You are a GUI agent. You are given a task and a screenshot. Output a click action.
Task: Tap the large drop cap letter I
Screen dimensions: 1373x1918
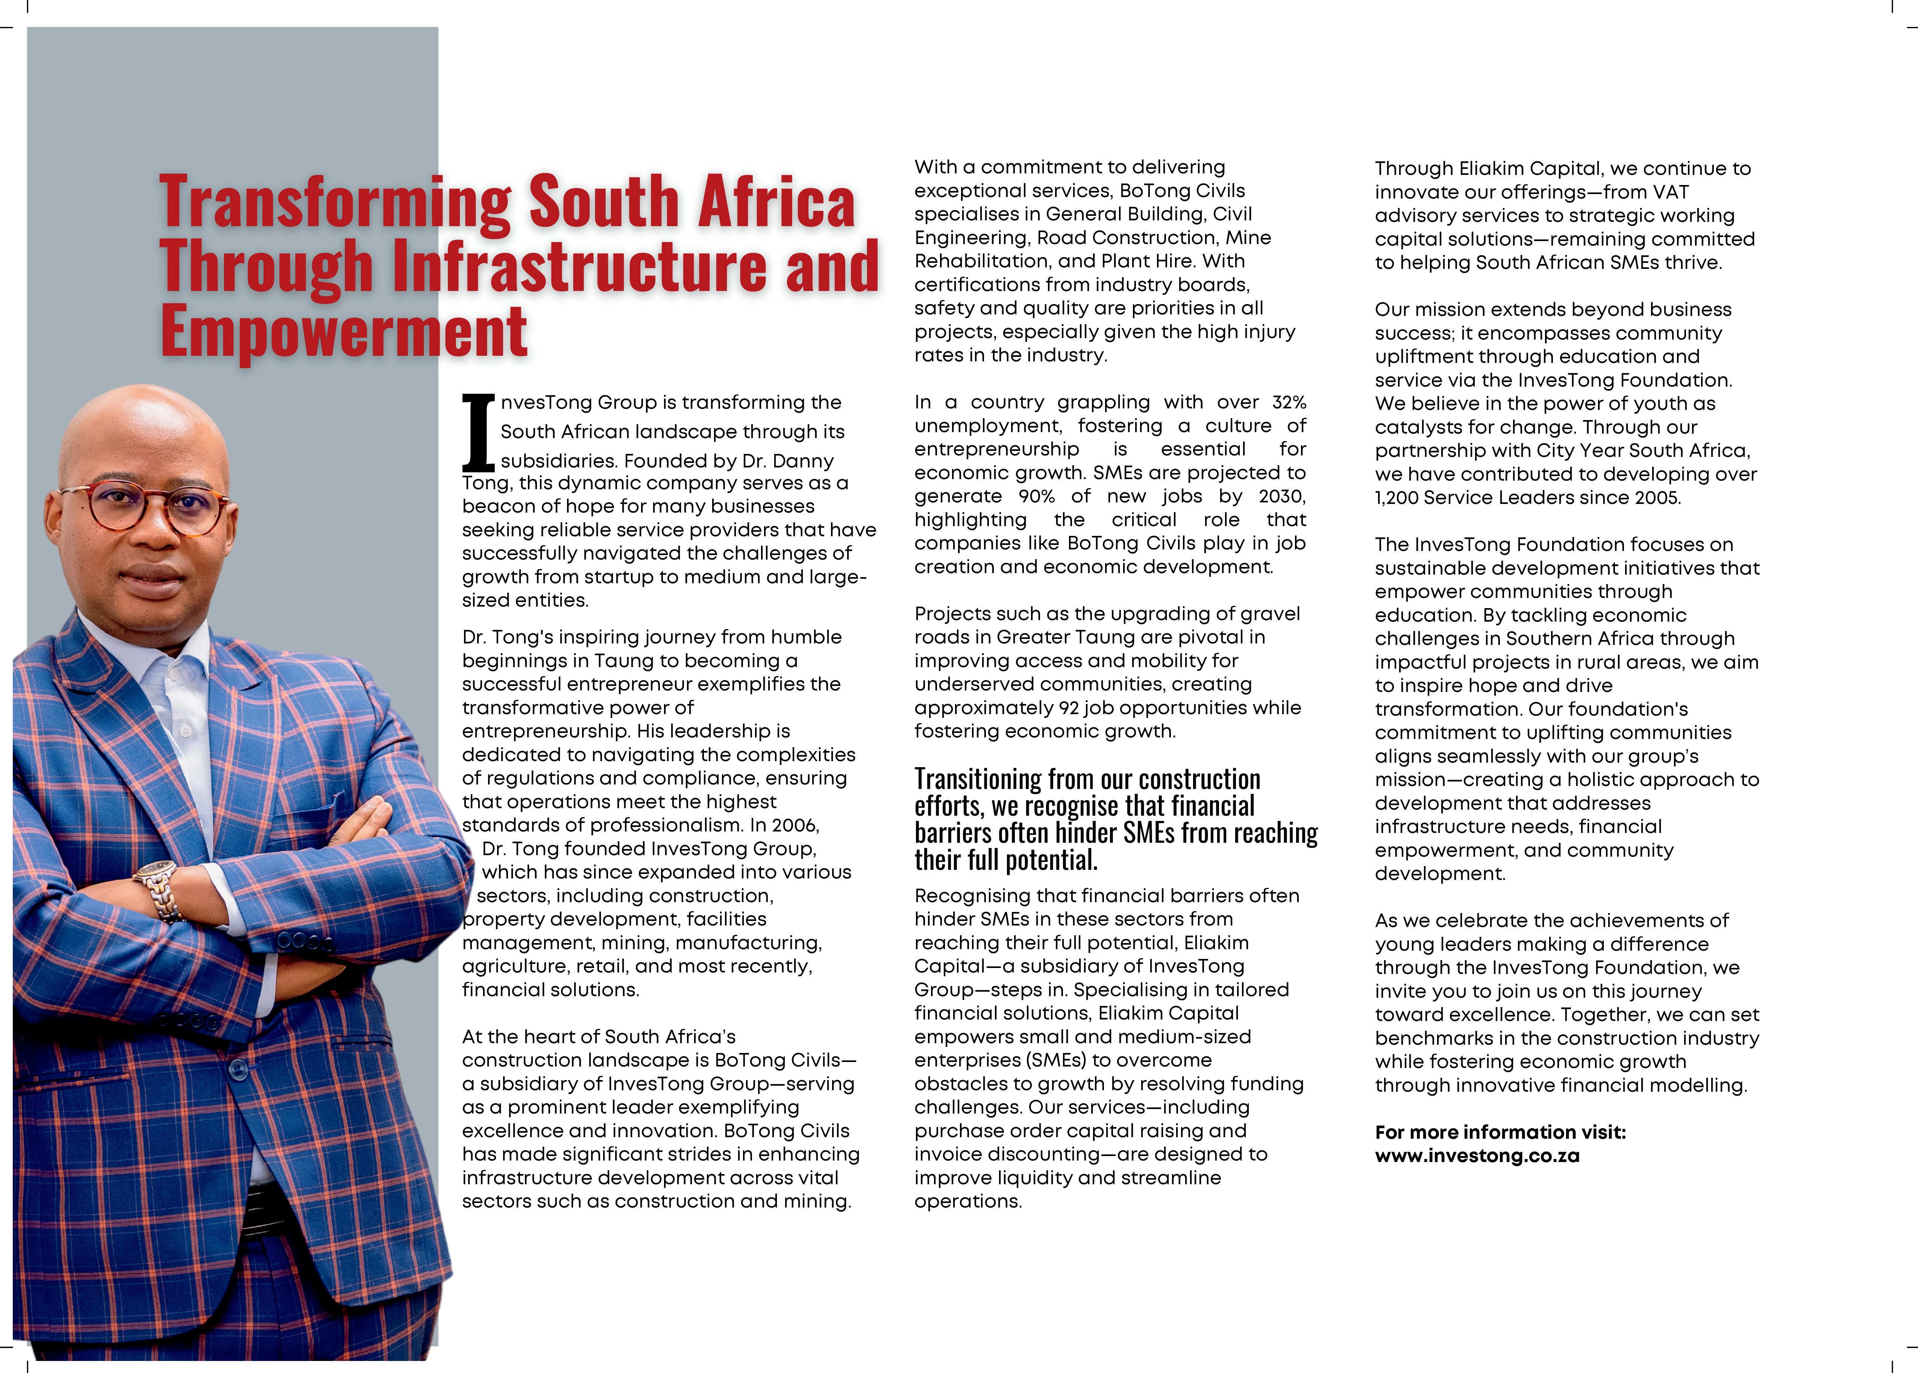(x=478, y=433)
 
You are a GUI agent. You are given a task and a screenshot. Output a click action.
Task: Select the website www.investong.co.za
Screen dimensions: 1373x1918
(x=1477, y=1156)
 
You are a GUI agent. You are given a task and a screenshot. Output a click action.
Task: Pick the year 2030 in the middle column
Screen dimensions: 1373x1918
(x=1281, y=496)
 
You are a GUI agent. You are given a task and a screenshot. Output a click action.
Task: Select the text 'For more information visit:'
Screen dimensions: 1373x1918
(x=1500, y=1132)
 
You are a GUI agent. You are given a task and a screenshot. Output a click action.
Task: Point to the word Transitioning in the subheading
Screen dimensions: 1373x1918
(x=978, y=779)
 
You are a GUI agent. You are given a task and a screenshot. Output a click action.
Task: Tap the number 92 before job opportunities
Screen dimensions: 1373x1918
(x=1069, y=708)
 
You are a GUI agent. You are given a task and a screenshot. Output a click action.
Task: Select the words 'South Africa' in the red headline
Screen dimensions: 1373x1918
(x=691, y=203)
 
